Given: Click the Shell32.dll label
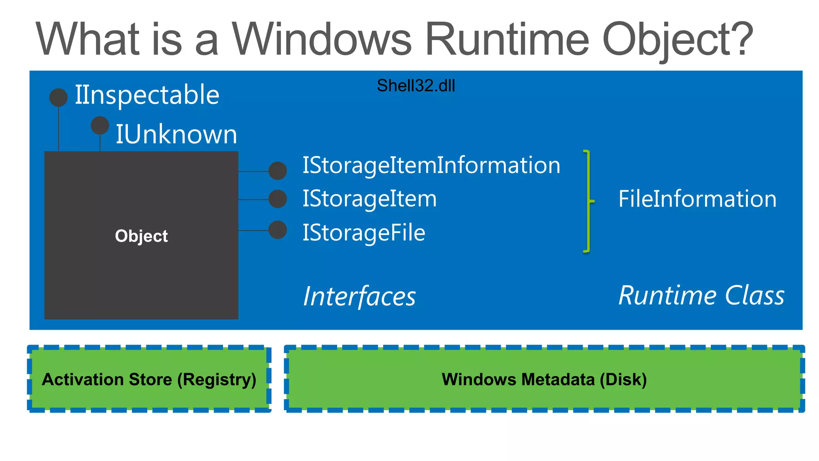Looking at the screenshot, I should [416, 86].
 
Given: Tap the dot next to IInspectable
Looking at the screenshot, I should [58, 98].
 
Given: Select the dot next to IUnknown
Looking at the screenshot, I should [100, 125].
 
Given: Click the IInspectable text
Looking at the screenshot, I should [147, 95].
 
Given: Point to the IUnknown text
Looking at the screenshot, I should [176, 134].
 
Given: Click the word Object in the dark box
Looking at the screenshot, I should [141, 236].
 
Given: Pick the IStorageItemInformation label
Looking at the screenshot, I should [431, 165].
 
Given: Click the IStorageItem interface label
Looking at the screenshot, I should [370, 199].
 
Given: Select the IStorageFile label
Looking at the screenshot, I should [364, 233].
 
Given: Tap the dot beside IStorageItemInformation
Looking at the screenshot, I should [278, 171].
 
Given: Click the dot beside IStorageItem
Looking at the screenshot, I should [278, 199].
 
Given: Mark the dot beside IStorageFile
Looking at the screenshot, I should [278, 230].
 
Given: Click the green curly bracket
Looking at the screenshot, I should [587, 201].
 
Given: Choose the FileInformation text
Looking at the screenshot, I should [697, 199].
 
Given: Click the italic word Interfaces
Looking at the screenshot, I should [359, 297].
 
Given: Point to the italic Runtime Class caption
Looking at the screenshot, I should [701, 296].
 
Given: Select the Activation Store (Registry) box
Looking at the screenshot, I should [149, 379].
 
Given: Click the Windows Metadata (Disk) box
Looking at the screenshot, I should [544, 379].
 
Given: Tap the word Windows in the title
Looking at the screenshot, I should [322, 39].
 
